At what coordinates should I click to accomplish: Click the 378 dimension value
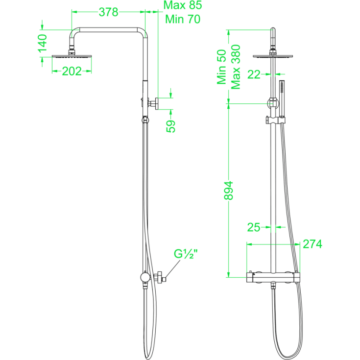coord(108,12)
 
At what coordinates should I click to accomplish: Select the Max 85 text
coord(183,5)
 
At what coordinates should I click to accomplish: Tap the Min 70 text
coord(183,19)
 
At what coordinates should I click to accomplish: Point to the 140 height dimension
coord(43,43)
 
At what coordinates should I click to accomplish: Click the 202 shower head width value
coord(72,72)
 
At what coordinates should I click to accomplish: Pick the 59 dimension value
coord(171,126)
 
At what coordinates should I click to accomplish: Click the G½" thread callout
coord(186,254)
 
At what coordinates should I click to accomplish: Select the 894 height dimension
coord(228,191)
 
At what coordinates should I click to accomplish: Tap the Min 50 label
coord(222,67)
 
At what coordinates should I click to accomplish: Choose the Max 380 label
coord(236,67)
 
